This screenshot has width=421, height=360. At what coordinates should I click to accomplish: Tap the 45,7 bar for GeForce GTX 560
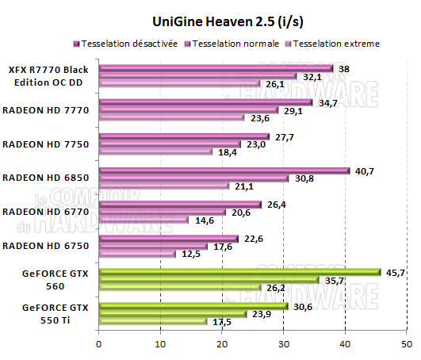[x=239, y=272]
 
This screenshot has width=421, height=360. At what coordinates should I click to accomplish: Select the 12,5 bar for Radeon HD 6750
[x=136, y=253]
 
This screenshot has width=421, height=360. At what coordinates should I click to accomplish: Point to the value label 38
[x=345, y=69]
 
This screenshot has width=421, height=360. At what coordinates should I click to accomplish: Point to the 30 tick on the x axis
[x=283, y=344]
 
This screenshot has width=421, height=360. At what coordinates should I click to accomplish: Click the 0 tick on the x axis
[x=98, y=344]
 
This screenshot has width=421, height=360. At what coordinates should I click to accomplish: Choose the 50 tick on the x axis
[x=406, y=344]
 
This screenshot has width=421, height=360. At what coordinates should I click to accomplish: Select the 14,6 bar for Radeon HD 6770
[x=143, y=219]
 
